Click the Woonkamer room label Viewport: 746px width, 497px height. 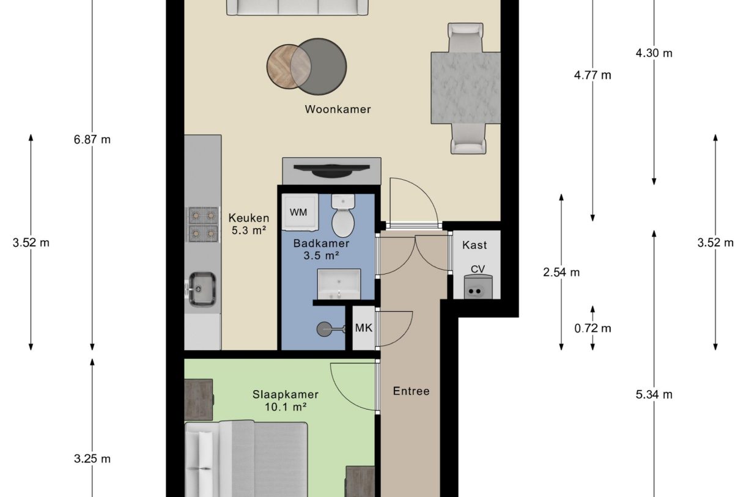(x=338, y=110)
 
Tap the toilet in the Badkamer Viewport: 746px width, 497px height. (x=343, y=217)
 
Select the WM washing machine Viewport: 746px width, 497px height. (x=299, y=212)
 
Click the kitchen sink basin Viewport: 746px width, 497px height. (x=202, y=288)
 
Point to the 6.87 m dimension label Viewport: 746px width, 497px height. (x=92, y=139)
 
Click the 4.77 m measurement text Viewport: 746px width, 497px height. (x=592, y=76)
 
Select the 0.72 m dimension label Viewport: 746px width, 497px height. (x=593, y=328)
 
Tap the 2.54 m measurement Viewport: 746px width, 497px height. (x=561, y=273)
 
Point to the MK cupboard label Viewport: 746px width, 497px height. (x=363, y=328)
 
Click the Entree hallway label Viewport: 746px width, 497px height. (x=411, y=391)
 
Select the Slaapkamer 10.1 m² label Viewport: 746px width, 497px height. (x=286, y=400)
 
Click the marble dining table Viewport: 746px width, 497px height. (x=466, y=87)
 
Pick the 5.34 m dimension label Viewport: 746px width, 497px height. (x=654, y=394)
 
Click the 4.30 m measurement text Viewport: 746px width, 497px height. (x=654, y=53)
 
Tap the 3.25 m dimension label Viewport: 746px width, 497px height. (x=92, y=459)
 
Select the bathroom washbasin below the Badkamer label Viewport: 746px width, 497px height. (x=338, y=284)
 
